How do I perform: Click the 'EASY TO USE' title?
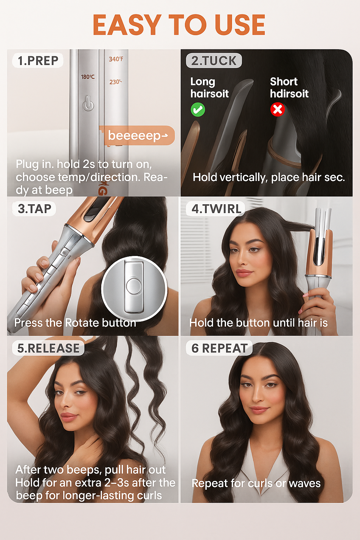179,25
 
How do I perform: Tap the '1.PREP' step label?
38,60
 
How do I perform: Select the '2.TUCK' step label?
214,60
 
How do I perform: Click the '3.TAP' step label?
34,208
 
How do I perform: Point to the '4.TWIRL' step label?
216,208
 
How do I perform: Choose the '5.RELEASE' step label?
48,348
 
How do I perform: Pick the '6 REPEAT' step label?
219,348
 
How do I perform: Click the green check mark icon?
198,110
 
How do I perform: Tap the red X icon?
277,110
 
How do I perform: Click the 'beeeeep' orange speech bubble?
138,135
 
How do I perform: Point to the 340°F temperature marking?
116,59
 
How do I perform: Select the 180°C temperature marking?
88,77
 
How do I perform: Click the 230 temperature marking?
116,82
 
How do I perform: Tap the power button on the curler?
88,104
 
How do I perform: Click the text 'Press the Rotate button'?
75,323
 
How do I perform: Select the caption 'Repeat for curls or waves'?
256,483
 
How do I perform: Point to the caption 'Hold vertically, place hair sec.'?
269,178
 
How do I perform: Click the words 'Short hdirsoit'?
289,88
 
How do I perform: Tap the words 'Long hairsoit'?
210,88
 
